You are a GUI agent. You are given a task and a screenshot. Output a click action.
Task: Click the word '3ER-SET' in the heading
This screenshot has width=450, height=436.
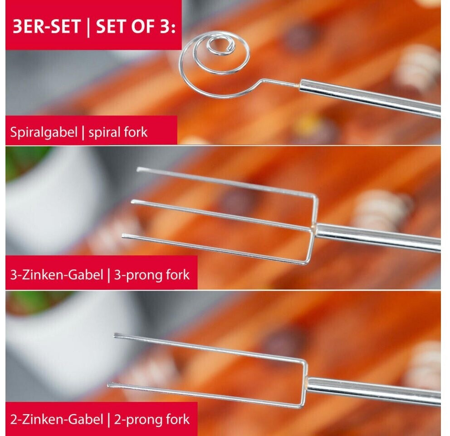point(46,27)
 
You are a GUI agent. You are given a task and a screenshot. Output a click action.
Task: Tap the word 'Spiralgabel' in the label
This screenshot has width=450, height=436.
point(44,133)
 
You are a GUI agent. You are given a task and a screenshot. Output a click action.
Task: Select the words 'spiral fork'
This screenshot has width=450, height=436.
point(117,133)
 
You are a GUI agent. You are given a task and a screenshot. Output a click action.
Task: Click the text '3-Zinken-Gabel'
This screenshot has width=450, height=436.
point(57,275)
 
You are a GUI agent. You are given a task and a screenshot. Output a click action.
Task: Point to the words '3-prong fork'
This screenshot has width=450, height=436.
point(152,275)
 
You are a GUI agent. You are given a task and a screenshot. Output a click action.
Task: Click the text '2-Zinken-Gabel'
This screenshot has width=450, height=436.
point(57,420)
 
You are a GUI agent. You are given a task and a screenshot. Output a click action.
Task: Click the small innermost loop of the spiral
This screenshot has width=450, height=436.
point(221,46)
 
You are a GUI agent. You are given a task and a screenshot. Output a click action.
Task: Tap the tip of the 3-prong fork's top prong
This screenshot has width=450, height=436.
point(138,169)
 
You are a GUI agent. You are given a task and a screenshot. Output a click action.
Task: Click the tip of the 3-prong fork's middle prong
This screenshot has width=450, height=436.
point(132,202)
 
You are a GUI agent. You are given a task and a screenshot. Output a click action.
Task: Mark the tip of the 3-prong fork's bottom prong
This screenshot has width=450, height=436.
point(123,236)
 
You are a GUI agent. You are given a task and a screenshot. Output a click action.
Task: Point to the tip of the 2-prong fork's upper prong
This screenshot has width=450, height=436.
point(115,336)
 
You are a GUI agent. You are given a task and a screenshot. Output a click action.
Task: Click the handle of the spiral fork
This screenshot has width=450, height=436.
point(370,98)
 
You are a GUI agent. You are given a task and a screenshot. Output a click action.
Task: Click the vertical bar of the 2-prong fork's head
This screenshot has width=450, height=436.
point(304,384)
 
